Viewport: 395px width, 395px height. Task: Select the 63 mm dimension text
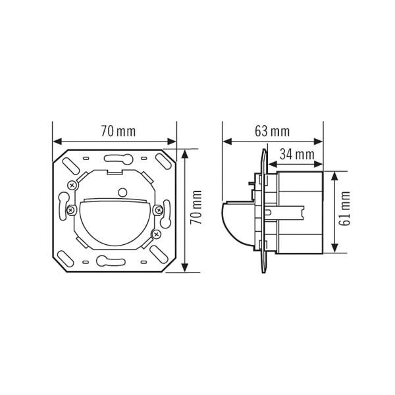click(272, 131)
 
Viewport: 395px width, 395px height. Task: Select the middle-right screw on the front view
click(157, 209)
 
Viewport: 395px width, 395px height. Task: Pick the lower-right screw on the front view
click(156, 233)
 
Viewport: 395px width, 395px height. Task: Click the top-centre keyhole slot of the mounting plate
click(115, 158)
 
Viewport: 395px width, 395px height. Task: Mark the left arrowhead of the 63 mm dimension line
click(226, 142)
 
